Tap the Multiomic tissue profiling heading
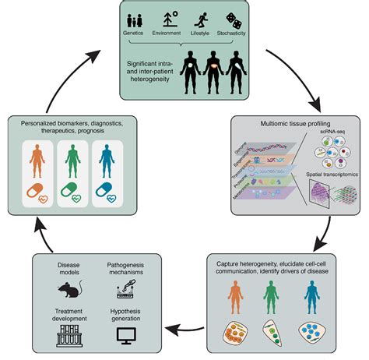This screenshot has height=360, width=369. point(295,122)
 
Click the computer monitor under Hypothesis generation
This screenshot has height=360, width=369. point(123,336)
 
